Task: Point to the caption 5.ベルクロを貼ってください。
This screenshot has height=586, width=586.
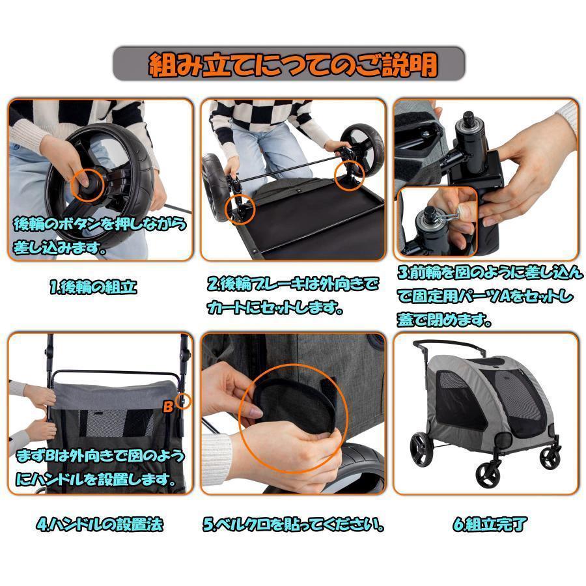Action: click(x=292, y=523)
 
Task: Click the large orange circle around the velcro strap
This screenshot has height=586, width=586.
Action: click(x=288, y=413)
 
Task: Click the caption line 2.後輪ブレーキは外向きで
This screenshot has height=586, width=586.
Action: click(x=292, y=284)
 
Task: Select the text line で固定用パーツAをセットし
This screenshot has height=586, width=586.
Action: click(x=485, y=297)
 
